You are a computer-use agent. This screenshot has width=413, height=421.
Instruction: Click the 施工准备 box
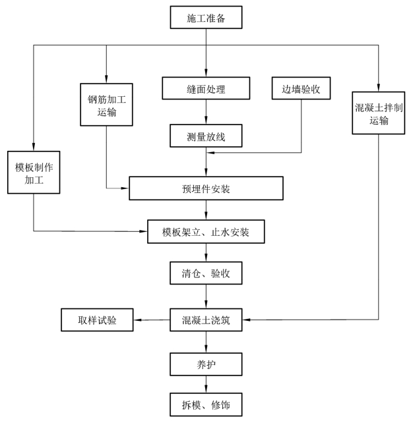tap(206, 18)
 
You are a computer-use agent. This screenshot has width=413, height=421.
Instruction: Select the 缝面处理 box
tap(206, 88)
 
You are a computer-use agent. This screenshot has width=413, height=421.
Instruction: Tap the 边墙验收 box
tap(301, 88)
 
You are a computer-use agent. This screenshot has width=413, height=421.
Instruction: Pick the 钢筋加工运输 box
tap(106, 103)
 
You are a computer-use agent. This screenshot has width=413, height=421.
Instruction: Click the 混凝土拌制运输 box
tap(379, 112)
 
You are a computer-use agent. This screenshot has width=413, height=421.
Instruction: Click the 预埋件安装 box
tap(206, 189)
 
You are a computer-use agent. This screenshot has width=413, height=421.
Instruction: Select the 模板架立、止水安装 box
tap(206, 231)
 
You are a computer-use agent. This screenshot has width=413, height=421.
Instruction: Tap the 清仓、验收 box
tap(206, 272)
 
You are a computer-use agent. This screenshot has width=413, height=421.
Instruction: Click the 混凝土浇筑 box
tap(206, 322)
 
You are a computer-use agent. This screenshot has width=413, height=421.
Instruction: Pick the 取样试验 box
tap(98, 322)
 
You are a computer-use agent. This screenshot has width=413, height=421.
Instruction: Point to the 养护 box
tap(206, 363)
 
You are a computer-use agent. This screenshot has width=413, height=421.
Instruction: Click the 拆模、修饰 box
tap(206, 403)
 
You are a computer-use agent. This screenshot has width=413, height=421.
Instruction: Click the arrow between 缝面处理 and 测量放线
tap(206, 111)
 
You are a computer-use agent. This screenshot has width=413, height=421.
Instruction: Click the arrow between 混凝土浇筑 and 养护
tap(206, 343)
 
